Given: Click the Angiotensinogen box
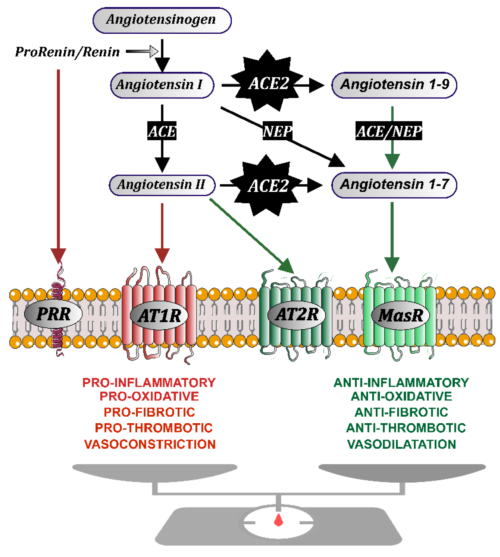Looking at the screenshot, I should click(162, 20).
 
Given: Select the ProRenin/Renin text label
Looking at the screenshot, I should click(67, 52).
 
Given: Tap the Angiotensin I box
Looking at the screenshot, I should click(162, 85).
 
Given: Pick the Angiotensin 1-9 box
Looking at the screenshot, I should click(394, 85).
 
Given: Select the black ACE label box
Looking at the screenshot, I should click(162, 131).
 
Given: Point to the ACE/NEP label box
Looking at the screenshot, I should click(389, 131).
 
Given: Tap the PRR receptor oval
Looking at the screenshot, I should click(53, 314).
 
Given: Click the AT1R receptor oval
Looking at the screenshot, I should click(159, 315).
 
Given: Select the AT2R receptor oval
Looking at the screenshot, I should click(296, 314).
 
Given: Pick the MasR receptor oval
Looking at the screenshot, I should click(401, 315).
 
